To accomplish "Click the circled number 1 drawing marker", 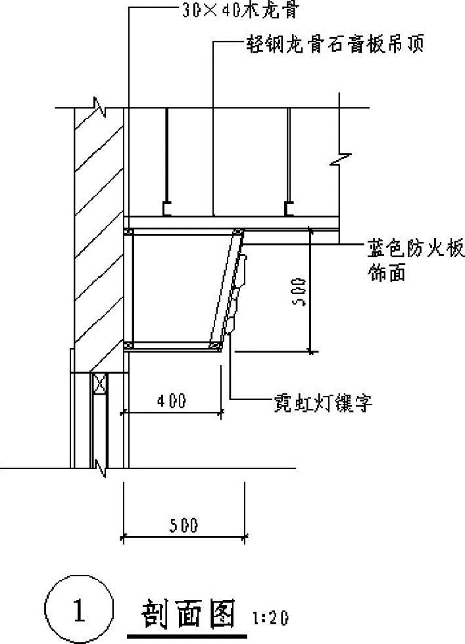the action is coord(79,610).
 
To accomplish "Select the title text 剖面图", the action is coord(189,614).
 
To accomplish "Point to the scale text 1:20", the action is coord(271,619).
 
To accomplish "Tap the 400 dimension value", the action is coord(172,400).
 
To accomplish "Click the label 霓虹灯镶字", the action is coord(324,403).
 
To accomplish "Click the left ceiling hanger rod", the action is coord(167,158).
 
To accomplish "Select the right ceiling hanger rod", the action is coord(288,158).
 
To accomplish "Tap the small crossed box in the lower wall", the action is coord(99,384).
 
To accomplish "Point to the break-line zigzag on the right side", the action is coord(343,158).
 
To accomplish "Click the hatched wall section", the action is coord(99,230).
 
